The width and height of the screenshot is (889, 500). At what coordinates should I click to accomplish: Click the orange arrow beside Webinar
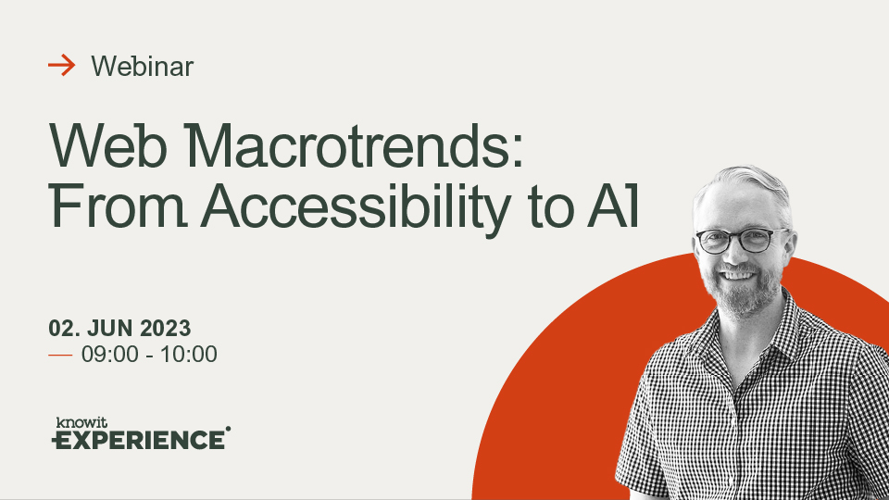click(62, 65)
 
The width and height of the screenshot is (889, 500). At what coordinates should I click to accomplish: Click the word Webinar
click(143, 67)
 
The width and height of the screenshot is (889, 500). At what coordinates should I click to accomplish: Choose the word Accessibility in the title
click(356, 208)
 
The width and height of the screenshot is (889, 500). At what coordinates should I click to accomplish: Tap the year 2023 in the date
click(166, 328)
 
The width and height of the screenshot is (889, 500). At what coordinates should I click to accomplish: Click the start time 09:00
click(110, 355)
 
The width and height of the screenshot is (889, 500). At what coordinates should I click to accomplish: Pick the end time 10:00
click(189, 355)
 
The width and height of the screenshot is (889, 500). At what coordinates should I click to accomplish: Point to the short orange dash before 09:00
click(60, 356)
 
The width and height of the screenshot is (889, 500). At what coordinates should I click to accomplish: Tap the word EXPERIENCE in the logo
click(139, 440)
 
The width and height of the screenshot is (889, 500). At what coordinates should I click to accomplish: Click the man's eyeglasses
click(742, 241)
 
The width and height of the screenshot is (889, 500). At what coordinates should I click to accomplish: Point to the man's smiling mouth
click(739, 276)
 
